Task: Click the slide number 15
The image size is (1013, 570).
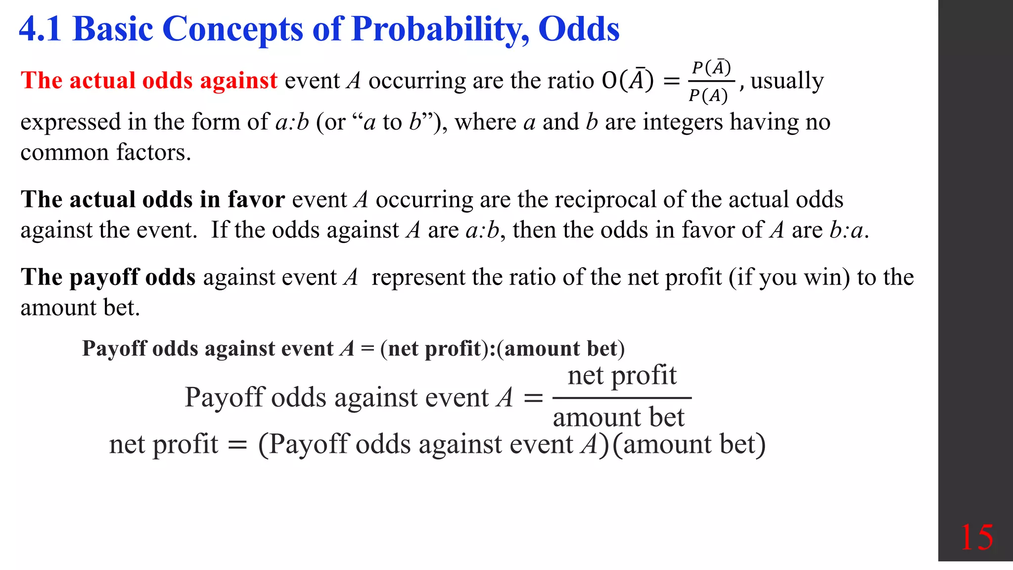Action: pyautogui.click(x=976, y=537)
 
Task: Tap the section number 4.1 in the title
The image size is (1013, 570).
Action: pyautogui.click(x=41, y=29)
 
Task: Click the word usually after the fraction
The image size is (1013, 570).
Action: pyautogui.click(x=787, y=81)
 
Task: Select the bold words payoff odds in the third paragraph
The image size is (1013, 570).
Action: pyautogui.click(x=133, y=277)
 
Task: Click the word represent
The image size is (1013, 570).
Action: pyautogui.click(x=418, y=277)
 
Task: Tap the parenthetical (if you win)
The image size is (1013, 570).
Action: pyautogui.click(x=789, y=277)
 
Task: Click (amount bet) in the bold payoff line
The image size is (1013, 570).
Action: pyautogui.click(x=561, y=348)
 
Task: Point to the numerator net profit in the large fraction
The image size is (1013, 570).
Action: pyautogui.click(x=622, y=375)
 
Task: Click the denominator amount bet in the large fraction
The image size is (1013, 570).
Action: pyautogui.click(x=618, y=417)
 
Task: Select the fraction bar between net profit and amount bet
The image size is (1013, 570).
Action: pyautogui.click(x=622, y=397)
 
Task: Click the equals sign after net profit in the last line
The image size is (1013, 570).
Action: pyautogui.click(x=237, y=445)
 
